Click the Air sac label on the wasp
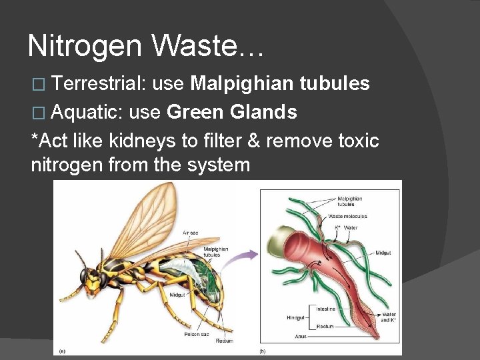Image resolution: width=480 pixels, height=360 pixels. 190,233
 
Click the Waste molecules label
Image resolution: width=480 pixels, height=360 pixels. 347,216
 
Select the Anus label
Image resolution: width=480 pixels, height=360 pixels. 301,336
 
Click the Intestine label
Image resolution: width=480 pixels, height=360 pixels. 325,309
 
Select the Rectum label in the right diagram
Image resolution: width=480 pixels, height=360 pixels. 325,327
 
